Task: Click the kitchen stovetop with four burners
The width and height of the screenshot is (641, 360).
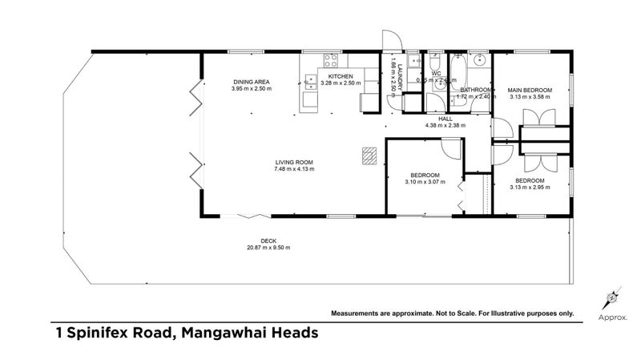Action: pos(330,60)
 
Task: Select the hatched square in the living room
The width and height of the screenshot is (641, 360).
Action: pos(368,156)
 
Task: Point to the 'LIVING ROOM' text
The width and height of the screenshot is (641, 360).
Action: pos(294,162)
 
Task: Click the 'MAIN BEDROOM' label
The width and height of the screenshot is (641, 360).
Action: pos(530,90)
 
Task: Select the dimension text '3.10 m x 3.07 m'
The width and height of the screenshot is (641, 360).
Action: pos(425,182)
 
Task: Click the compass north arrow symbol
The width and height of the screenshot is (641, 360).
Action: pos(611,298)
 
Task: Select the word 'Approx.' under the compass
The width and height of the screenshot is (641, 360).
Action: pos(612,318)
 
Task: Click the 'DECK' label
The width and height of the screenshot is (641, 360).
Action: pos(268,241)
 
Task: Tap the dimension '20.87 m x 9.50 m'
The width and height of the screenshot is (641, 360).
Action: pos(268,248)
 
